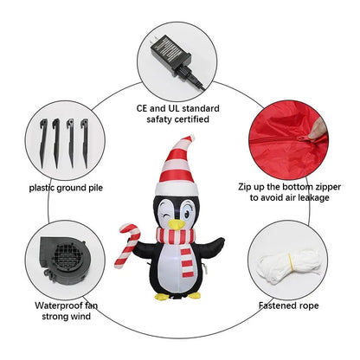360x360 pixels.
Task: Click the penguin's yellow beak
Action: tap(177, 224)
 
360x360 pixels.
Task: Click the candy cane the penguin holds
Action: tap(128, 245)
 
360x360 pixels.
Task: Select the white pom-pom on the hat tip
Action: tap(190, 138)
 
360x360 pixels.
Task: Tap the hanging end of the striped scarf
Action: tap(187, 262)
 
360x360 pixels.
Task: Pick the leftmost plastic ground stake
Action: tap(43, 143)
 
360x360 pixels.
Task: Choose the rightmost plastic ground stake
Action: tap(85, 143)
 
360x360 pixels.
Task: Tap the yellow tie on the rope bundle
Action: tap(291, 262)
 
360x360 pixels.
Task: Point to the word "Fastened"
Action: tap(277, 305)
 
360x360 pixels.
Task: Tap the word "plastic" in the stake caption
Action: tap(42, 188)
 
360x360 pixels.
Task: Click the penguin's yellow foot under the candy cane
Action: tap(162, 296)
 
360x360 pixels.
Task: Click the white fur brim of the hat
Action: tap(177, 189)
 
